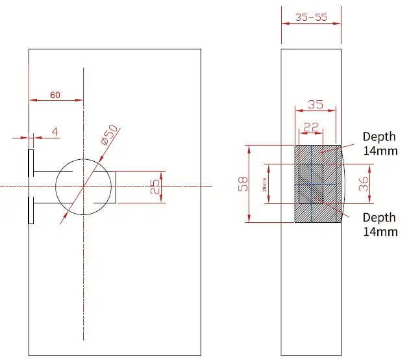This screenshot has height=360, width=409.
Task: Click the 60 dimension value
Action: coord(55,95)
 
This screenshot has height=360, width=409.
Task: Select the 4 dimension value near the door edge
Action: coord(55,132)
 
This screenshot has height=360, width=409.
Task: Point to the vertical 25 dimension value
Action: coord(155,187)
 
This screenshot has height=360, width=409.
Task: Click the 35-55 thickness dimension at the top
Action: coord(311,18)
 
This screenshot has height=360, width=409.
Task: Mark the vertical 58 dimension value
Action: coord(242,185)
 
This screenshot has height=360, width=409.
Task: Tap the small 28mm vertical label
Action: coord(264,185)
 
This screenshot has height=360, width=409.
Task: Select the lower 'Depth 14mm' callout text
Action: coord(379,224)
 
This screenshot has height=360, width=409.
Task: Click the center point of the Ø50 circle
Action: coord(83,186)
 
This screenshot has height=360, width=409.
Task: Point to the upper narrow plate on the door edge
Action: coord(31,162)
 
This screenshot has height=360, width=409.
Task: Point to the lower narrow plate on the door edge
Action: coord(31,211)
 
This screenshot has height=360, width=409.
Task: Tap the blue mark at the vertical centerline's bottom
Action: coord(83,336)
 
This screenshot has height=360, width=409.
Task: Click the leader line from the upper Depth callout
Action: coord(343,147)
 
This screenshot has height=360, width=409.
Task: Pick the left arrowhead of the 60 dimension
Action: coord(33,100)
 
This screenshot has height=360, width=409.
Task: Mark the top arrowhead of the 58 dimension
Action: coord(249,148)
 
